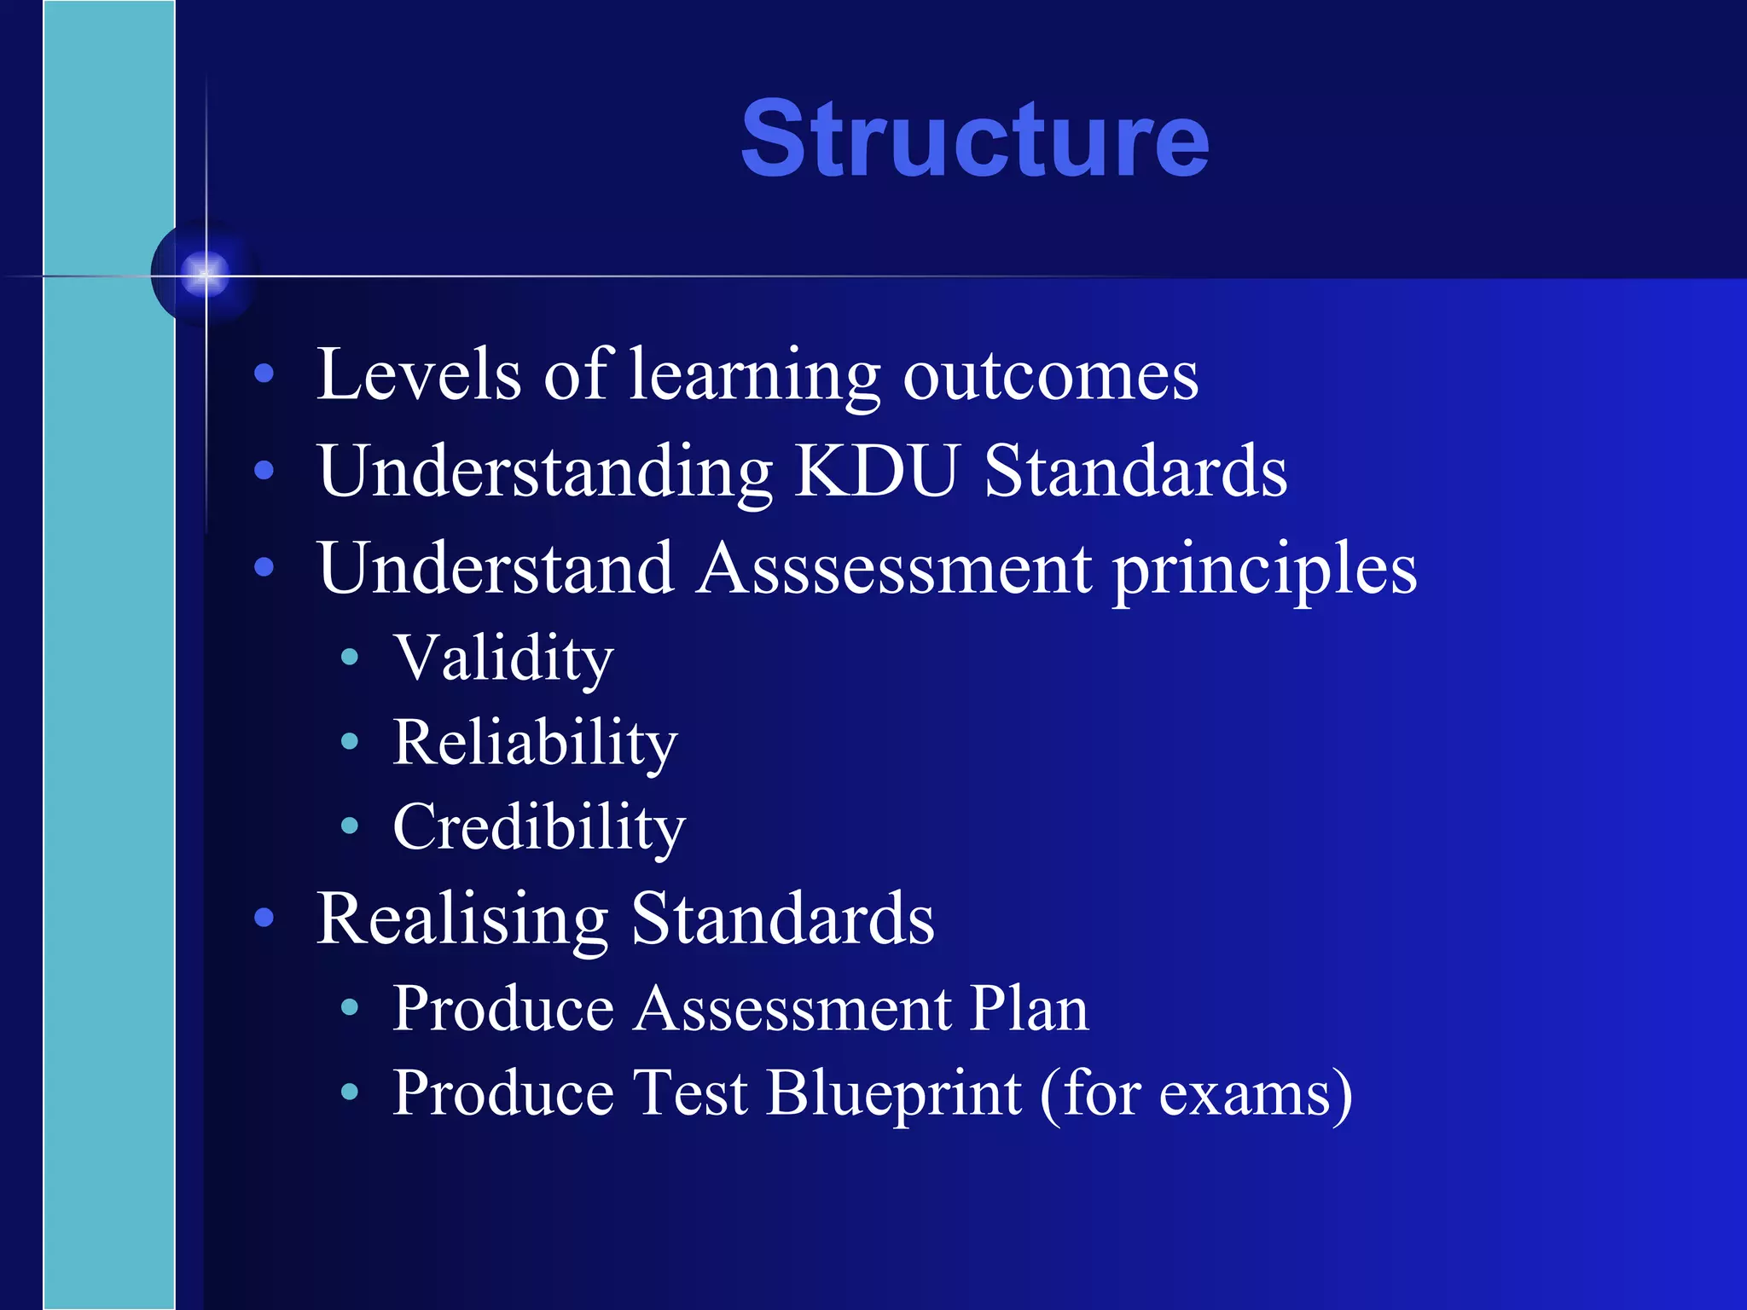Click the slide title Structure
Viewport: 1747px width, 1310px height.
click(x=974, y=139)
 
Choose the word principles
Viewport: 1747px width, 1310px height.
click(x=1265, y=570)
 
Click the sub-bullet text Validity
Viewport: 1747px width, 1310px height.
click(x=503, y=658)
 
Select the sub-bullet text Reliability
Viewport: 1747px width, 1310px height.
click(x=535, y=742)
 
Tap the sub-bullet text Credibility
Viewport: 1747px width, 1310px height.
click(x=539, y=827)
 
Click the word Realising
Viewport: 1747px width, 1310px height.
click(x=461, y=919)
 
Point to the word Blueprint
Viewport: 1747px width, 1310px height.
click(x=893, y=1093)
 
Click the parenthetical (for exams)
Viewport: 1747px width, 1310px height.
click(x=1196, y=1093)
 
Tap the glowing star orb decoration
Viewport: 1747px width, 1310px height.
click(x=205, y=274)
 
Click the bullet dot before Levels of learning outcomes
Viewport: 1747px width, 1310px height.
click(x=264, y=373)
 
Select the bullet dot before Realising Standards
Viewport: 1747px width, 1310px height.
click(x=264, y=918)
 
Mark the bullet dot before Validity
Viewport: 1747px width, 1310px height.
click(x=349, y=657)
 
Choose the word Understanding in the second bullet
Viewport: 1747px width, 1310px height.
click(x=545, y=472)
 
